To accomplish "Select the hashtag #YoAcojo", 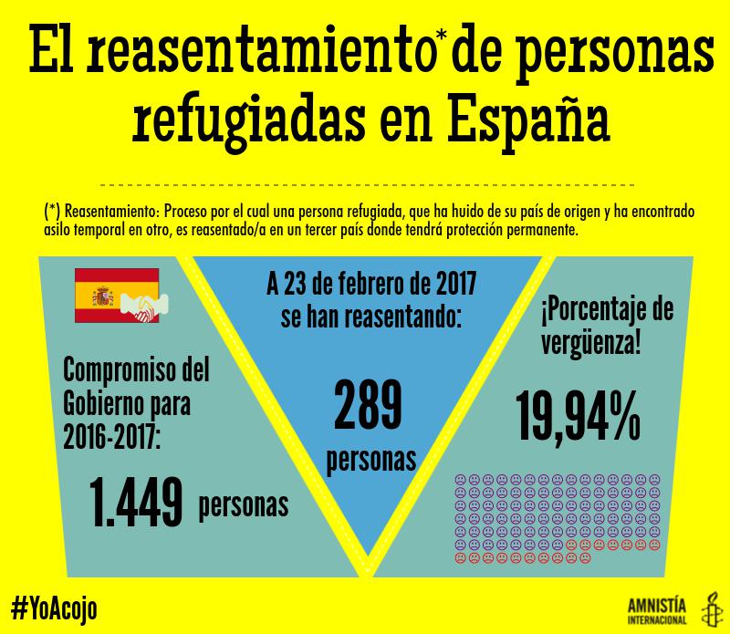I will pos(54,606).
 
